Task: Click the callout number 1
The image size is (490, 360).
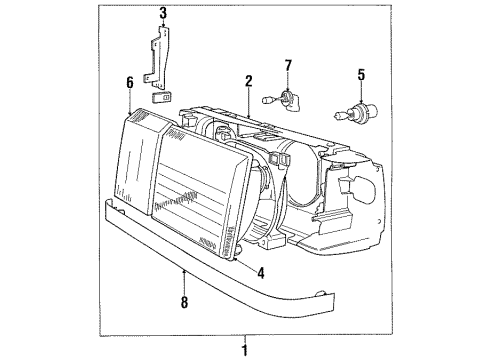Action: [245, 350]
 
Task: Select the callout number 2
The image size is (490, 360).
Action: [249, 82]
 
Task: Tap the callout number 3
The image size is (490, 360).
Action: [163, 14]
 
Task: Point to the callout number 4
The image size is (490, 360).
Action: [261, 273]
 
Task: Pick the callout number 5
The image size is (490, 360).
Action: [361, 75]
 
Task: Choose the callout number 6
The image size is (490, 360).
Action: [130, 83]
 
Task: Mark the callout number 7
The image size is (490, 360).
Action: [288, 66]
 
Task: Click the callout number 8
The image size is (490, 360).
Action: [184, 302]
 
